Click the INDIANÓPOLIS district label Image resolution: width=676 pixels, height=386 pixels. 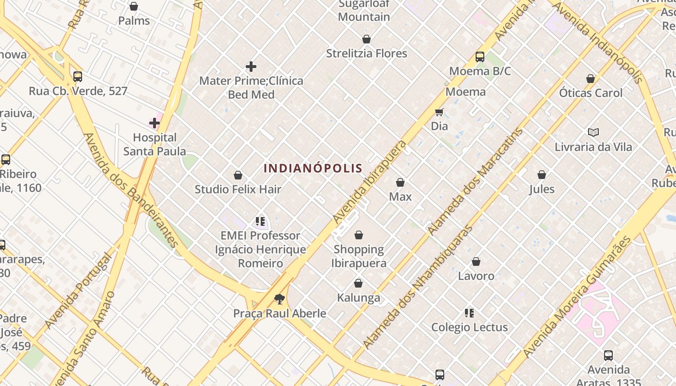313,168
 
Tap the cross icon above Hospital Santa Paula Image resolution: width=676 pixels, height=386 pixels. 155,123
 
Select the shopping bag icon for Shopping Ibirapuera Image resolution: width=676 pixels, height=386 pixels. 359,235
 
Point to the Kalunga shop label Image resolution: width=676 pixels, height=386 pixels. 358,298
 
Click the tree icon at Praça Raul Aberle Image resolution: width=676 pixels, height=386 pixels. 279,299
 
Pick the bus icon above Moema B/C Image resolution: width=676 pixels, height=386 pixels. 479,56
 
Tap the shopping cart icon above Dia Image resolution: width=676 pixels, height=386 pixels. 439,112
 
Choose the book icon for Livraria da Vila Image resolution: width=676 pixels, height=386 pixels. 593,132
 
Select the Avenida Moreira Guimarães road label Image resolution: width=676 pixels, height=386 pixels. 577,297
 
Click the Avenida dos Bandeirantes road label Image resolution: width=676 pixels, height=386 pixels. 131,190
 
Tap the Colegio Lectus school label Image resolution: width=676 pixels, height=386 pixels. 469,327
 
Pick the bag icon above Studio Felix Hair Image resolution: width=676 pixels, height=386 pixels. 238,175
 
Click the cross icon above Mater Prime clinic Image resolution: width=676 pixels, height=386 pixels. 251,67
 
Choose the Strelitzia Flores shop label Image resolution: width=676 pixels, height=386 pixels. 366,53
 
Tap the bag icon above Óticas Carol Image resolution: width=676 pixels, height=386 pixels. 590,78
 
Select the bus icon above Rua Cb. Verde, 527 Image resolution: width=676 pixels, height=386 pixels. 78,76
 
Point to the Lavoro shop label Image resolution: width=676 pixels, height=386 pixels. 476,276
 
